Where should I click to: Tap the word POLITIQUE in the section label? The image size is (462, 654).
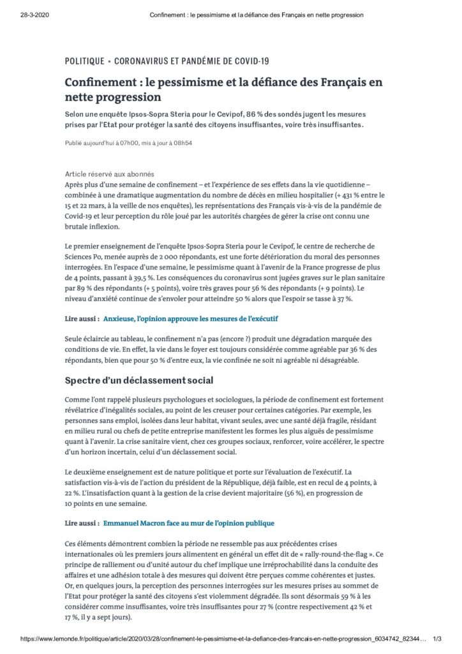pos(85,61)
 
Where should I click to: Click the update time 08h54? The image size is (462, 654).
pos(182,143)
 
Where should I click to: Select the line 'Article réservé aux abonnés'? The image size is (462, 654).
pos(109,174)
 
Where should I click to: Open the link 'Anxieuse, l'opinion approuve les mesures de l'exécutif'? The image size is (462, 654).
pos(191,317)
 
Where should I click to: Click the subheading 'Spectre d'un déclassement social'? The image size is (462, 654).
pos(139,381)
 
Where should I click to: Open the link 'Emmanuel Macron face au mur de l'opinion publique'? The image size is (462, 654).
pos(189,523)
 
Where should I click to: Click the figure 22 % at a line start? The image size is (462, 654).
pos(74,492)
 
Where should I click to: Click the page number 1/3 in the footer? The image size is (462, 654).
pos(438,639)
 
